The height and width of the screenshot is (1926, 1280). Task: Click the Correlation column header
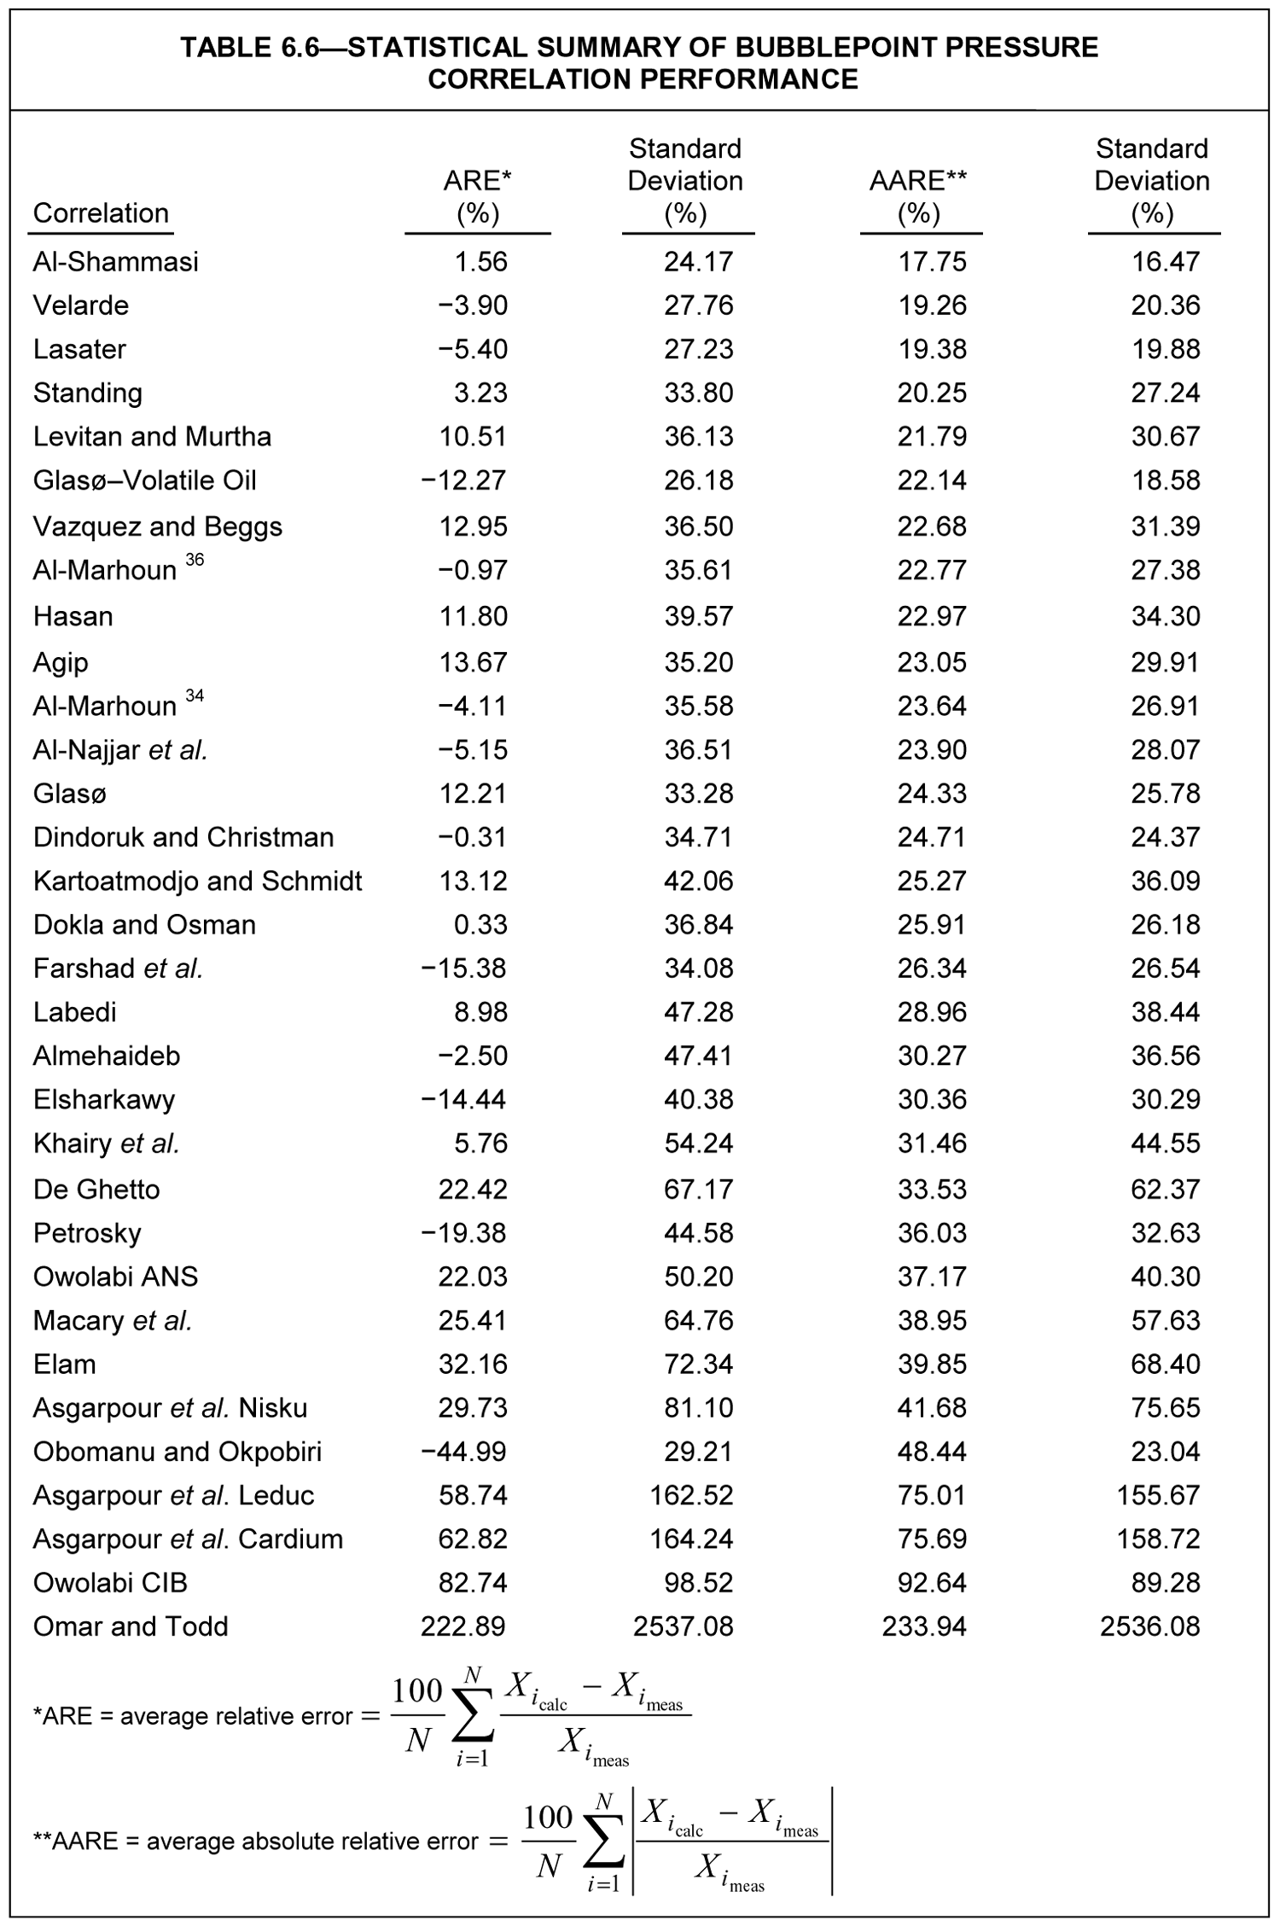point(101,212)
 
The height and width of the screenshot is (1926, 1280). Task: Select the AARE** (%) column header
point(918,196)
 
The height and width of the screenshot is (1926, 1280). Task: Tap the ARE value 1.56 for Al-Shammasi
point(480,261)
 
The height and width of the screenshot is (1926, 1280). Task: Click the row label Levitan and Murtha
point(152,437)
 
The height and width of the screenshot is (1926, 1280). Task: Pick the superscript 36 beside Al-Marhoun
point(195,560)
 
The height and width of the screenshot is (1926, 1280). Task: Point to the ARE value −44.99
point(463,1452)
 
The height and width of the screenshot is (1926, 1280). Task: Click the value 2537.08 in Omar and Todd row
point(683,1626)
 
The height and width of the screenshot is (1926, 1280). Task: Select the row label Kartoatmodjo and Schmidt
point(197,881)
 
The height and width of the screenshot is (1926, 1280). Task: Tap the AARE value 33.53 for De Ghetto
point(932,1189)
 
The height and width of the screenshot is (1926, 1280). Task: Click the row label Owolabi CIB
point(110,1583)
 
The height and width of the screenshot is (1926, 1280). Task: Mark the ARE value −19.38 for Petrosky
point(463,1233)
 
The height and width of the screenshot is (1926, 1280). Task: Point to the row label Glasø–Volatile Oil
point(144,480)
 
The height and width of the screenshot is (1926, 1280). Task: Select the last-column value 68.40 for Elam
point(1165,1364)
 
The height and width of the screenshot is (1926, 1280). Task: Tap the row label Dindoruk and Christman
point(183,837)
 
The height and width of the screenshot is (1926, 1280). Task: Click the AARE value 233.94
point(924,1626)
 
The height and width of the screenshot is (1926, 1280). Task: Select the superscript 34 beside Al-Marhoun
point(195,696)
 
